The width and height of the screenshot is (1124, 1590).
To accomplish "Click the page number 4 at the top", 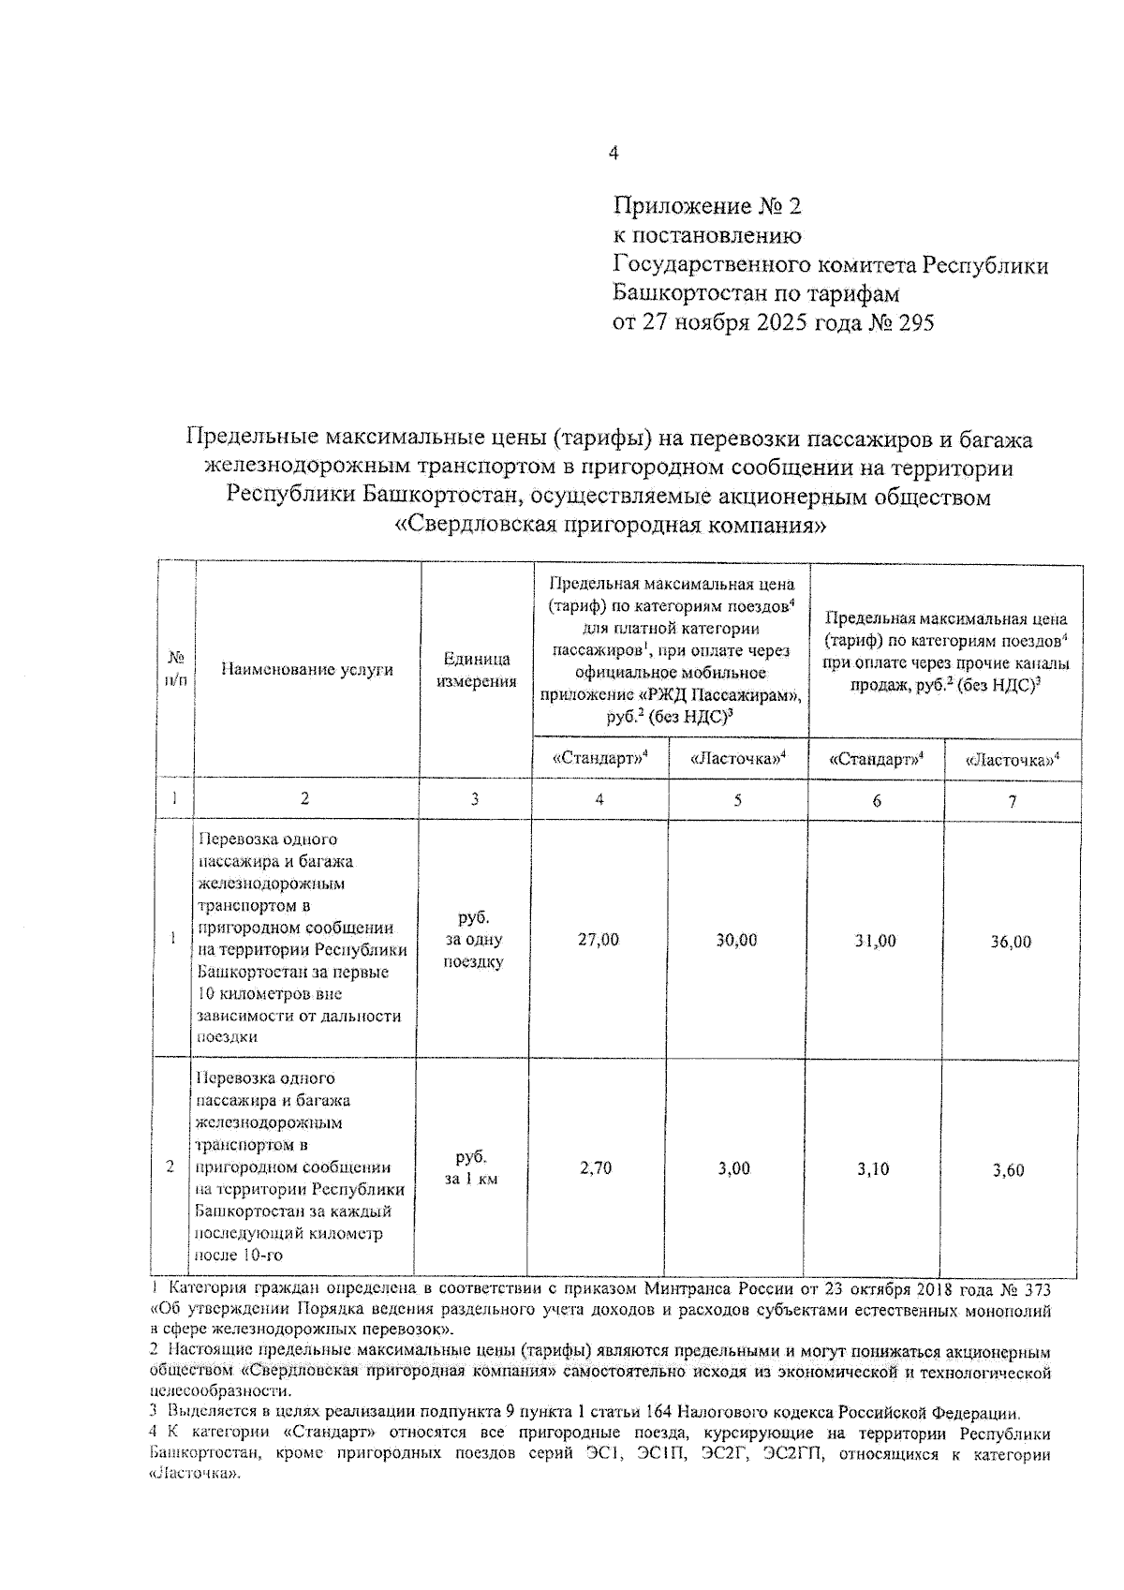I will tap(614, 154).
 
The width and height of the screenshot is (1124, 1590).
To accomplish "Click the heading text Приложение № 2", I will tap(707, 206).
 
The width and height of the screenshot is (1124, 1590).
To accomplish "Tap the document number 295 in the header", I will tap(913, 323).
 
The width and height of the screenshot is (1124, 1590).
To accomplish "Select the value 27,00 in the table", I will tap(599, 940).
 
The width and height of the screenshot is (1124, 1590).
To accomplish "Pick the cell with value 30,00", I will tap(736, 940).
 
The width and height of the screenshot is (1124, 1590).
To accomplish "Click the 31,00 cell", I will tap(875, 941).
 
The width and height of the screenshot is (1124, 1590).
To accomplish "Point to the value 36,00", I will tap(1011, 942).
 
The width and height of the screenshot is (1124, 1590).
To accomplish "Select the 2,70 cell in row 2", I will tap(596, 1168).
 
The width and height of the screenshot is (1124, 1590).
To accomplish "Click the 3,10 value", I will tap(873, 1169).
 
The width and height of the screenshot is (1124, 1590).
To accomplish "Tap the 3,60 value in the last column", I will tap(1008, 1170).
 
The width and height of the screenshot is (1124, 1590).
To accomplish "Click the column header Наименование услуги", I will tap(307, 669).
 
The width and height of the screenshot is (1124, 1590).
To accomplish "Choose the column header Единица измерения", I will tap(477, 670).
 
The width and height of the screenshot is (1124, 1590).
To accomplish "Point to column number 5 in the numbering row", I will tap(737, 800).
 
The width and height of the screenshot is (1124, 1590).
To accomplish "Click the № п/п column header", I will tap(176, 669).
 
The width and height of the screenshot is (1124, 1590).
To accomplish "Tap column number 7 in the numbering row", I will tap(1012, 802).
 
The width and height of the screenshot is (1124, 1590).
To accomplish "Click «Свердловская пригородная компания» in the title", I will tap(612, 525).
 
